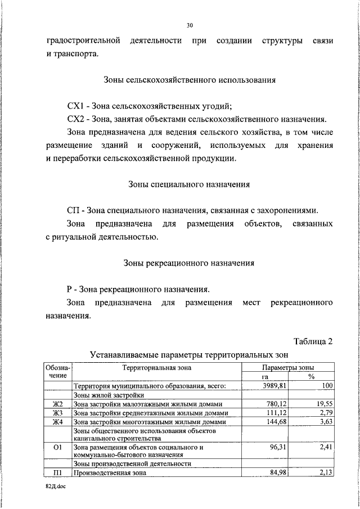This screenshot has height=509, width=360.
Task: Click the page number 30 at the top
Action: click(x=190, y=25)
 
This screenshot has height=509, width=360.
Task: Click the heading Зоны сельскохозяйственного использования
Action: click(x=190, y=80)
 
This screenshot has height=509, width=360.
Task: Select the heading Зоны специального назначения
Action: click(x=190, y=184)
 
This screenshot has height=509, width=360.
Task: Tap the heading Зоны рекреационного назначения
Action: click(x=190, y=262)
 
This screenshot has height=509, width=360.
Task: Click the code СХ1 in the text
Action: click(x=74, y=106)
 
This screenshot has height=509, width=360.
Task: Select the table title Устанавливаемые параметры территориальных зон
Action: click(x=190, y=355)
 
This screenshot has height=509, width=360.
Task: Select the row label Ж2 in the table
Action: click(x=57, y=404)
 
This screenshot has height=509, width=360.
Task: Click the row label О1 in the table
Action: click(x=57, y=448)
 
